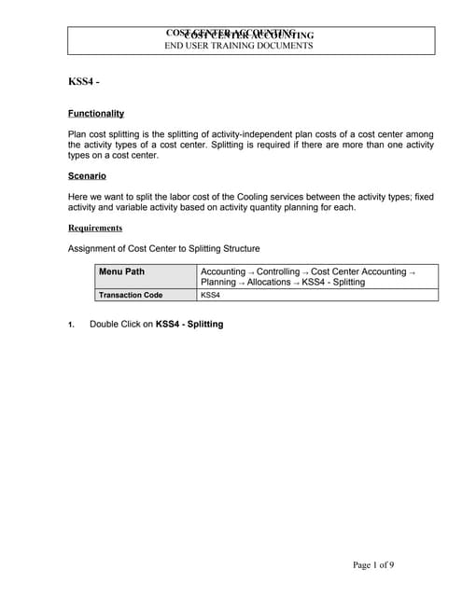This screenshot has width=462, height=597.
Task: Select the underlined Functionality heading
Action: tap(96, 114)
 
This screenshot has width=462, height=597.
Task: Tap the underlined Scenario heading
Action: tap(87, 175)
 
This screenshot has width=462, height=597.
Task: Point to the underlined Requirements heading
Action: tap(95, 228)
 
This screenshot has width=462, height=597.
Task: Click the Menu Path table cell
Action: tap(121, 271)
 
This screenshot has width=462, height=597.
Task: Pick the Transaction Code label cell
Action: tap(131, 295)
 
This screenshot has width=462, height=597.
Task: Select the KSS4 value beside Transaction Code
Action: tap(210, 295)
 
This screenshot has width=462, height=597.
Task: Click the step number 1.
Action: tap(71, 325)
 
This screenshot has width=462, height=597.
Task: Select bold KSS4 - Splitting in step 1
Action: tap(189, 324)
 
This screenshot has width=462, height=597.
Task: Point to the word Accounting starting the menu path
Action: tap(223, 271)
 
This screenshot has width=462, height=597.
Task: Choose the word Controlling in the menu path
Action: tap(278, 271)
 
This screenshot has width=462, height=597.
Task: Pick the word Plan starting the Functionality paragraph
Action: tap(77, 134)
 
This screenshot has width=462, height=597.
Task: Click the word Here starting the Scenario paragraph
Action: tap(79, 196)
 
